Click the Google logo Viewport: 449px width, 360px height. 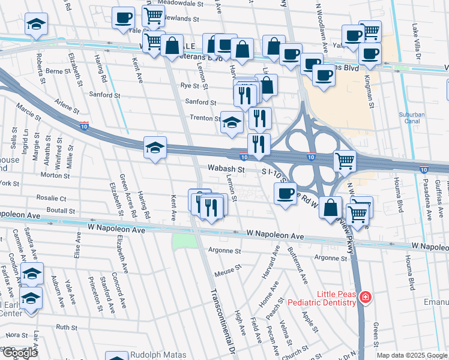coord(20,353)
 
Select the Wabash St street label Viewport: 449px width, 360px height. coord(226,170)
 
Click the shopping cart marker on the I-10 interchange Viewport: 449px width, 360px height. coord(345,160)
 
